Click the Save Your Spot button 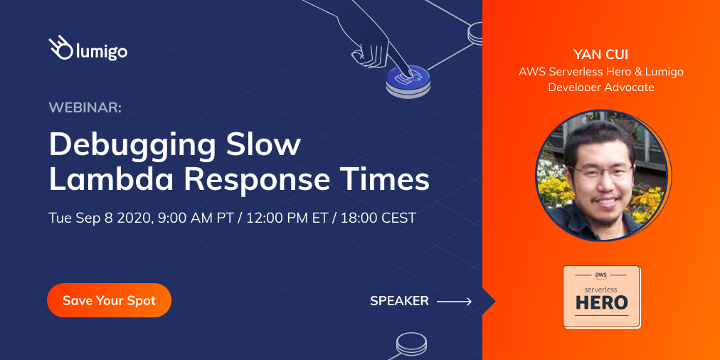pos(109,300)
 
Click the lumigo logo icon pos(60,47)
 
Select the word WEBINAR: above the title pos(85,107)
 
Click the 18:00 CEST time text pos(379,218)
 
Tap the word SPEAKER pos(399,301)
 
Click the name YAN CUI pos(601,55)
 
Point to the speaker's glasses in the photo pos(602,171)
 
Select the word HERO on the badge pos(601,302)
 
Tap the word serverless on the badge pos(601,290)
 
